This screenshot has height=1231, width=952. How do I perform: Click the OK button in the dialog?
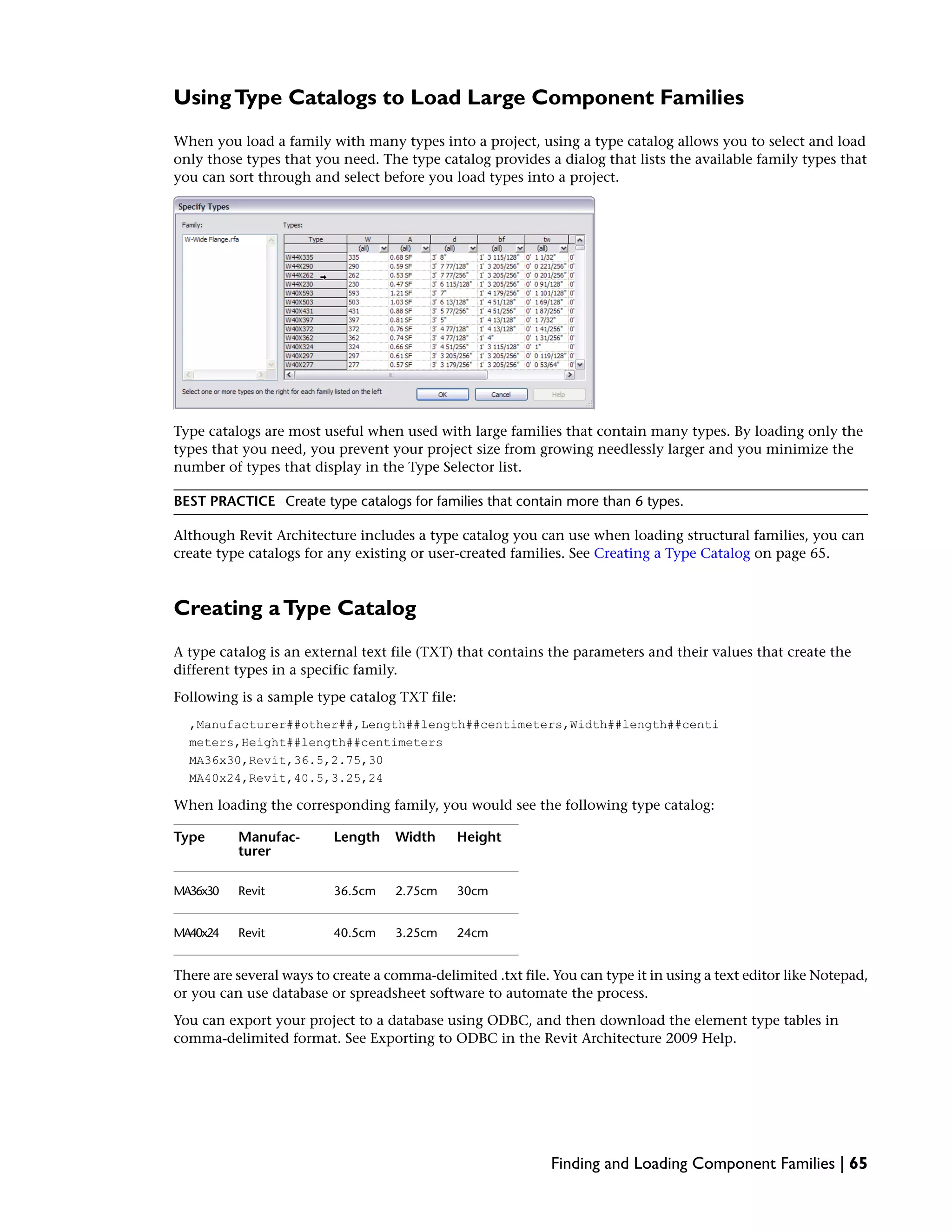[x=442, y=394]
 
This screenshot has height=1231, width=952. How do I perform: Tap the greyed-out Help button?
[x=558, y=394]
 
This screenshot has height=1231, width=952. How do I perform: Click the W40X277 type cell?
[x=315, y=365]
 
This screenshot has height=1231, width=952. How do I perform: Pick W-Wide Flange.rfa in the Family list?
[x=212, y=240]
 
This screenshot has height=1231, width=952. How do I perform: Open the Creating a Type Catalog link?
[x=672, y=554]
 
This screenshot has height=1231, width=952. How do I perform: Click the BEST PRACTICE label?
[x=224, y=502]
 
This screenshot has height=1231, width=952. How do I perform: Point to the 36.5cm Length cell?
[x=354, y=891]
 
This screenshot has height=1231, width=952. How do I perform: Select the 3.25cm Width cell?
[x=416, y=933]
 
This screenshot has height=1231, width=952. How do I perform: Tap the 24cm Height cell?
[x=472, y=933]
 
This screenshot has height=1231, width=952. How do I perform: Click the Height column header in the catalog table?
[x=479, y=837]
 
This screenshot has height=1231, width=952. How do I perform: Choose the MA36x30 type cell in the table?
[x=196, y=891]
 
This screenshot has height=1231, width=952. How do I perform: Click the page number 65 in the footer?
[x=858, y=1163]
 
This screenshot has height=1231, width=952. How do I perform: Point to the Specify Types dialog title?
[x=204, y=207]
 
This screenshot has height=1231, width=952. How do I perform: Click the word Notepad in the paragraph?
[x=838, y=975]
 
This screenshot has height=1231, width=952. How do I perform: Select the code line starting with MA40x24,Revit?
[x=286, y=779]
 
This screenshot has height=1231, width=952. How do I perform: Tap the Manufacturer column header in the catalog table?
[x=269, y=844]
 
